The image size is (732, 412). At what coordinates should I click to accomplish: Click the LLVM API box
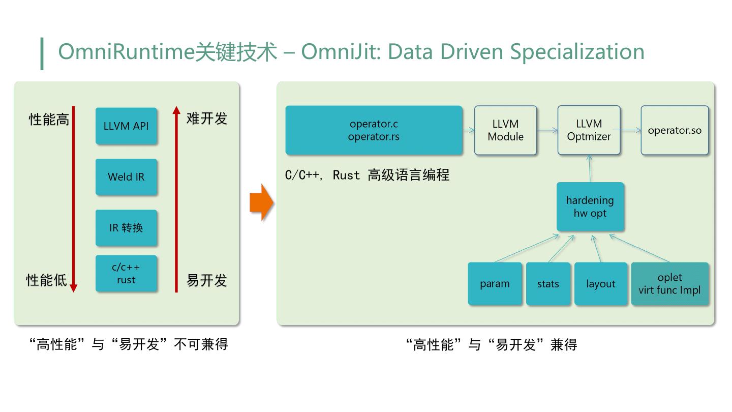click(126, 126)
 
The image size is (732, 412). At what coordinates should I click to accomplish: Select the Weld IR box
click(126, 177)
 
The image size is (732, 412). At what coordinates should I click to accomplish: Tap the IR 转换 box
click(126, 228)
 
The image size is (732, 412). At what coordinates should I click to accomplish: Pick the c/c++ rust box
click(126, 274)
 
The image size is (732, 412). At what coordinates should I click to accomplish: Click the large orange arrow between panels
click(261, 203)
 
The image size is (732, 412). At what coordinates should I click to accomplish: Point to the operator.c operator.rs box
click(374, 130)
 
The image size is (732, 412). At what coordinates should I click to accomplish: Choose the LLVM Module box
click(505, 130)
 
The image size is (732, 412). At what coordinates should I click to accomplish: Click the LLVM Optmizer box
click(589, 130)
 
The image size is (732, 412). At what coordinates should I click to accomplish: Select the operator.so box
click(674, 130)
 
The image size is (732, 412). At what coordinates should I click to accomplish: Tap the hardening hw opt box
click(590, 207)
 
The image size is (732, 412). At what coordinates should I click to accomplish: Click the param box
click(495, 284)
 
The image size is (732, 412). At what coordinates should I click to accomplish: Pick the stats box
click(548, 284)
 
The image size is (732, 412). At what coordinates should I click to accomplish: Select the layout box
click(601, 284)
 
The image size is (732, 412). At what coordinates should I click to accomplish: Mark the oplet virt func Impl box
click(669, 284)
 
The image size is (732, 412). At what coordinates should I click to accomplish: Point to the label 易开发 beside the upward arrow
click(206, 280)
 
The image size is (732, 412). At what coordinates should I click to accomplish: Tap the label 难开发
click(206, 119)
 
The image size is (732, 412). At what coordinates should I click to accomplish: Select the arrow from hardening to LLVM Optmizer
click(590, 168)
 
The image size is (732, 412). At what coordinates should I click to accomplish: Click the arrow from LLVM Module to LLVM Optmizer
click(547, 131)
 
